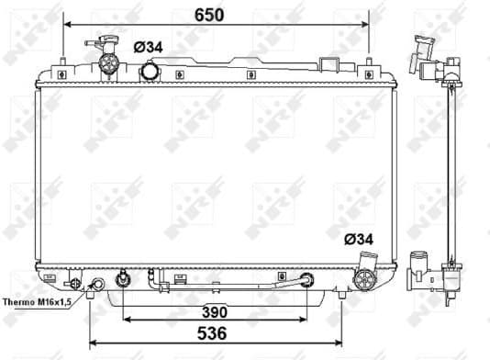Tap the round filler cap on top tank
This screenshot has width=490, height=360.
click(x=150, y=71)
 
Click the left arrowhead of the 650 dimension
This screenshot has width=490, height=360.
click(x=64, y=27)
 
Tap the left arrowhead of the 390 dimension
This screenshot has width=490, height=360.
click(x=126, y=319)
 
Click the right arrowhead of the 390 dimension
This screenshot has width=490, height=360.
click(x=306, y=319)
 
